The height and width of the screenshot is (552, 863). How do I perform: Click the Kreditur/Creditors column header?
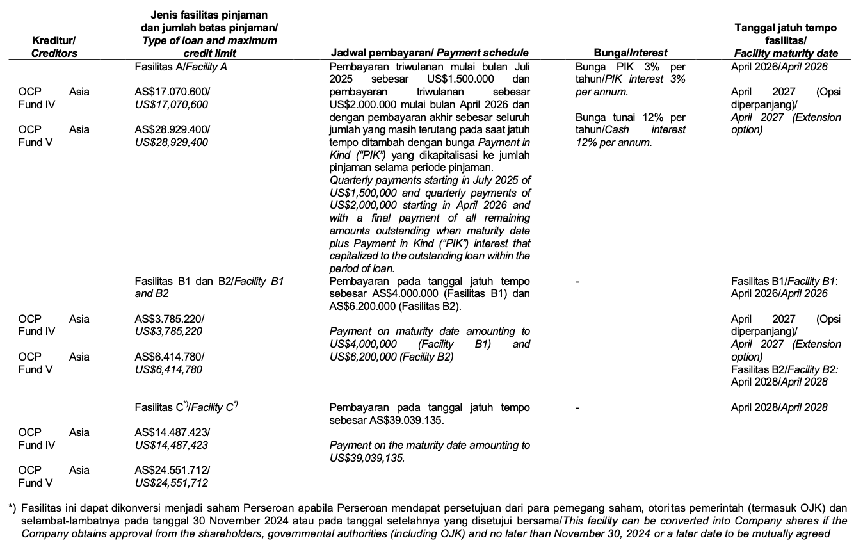click(x=54, y=47)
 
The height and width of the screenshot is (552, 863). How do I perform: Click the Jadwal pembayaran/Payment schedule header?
click(x=428, y=53)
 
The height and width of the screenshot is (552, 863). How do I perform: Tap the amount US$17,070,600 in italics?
click(x=172, y=104)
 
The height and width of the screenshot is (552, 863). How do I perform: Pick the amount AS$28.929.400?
click(x=172, y=129)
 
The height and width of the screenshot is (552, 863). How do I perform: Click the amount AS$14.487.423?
click(x=172, y=432)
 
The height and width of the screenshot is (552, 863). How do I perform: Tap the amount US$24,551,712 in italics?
click(x=172, y=483)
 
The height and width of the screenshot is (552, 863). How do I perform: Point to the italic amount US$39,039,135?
click(x=367, y=458)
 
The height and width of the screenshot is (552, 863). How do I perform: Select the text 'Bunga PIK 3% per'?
click(x=630, y=67)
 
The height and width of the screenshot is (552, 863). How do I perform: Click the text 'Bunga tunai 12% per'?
click(x=630, y=117)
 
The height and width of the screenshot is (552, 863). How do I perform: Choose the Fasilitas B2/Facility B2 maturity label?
click(x=784, y=369)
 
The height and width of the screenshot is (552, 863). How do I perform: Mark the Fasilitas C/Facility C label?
click(x=186, y=407)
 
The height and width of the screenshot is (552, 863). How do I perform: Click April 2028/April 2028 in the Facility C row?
click(x=779, y=407)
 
